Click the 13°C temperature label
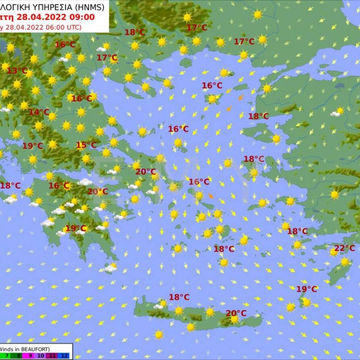pos(17,71)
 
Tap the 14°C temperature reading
pos(39,112)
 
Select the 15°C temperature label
pos(86,145)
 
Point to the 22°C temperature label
pos(345,248)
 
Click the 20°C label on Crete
pos(236,313)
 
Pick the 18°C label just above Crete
pos(179,297)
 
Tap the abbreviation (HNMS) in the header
pos(89,6)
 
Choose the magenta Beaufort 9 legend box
pos(30,356)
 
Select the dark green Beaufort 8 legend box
pos(19,356)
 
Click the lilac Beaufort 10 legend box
pos(42,356)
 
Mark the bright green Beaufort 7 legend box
pos(7,356)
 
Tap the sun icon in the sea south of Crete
pos(159,335)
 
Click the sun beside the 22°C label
pos(334,252)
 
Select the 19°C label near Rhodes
pos(306,289)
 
